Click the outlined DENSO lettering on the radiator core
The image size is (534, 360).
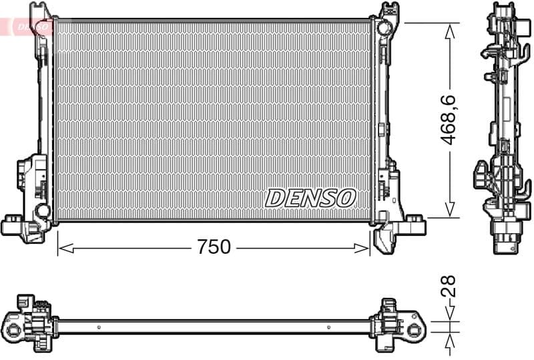311,198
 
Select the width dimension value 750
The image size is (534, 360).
214,247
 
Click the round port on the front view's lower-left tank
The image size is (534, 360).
43,211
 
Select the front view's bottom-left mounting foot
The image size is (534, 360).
12,225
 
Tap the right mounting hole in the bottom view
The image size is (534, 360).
415,328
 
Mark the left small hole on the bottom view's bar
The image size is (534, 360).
99,327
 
